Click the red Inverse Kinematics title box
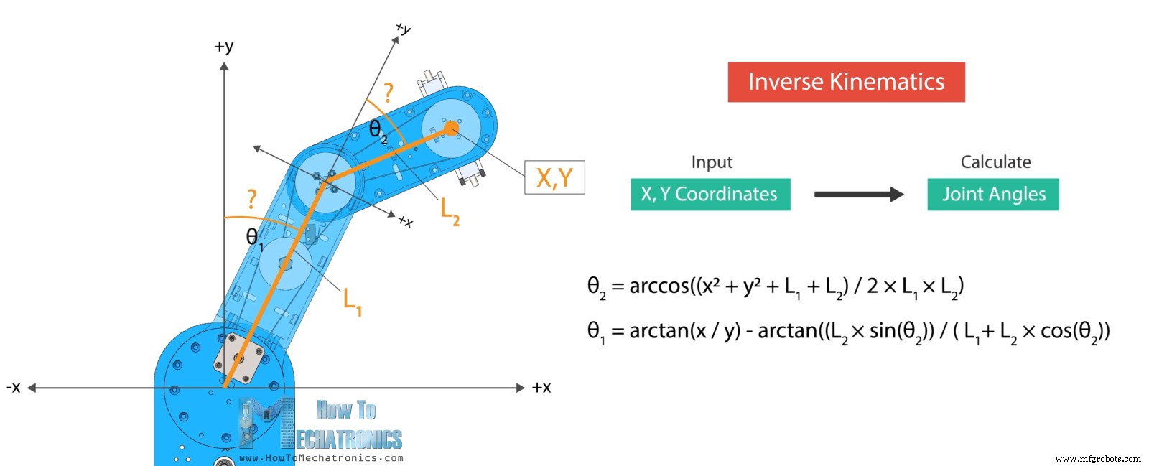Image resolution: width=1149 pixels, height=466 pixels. pos(847,82)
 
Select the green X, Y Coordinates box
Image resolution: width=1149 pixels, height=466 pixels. pos(710,195)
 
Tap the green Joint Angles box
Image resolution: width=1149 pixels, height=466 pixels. pos(993,195)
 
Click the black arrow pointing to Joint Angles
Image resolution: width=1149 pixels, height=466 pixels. pos(859,195)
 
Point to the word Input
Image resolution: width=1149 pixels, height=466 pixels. pos(712,162)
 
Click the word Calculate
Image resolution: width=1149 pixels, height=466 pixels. pos(995,162)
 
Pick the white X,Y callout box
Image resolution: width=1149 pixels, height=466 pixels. pos(554,177)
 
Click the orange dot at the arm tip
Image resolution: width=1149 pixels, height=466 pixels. pos(451,128)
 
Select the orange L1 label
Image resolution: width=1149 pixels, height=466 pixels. pos(353,302)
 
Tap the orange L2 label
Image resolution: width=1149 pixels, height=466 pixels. pos(450,212)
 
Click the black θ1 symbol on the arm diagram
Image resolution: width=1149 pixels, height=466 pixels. pos(255,238)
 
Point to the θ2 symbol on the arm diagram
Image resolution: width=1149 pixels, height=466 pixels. pos(378,131)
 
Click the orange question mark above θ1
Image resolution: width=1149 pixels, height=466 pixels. pos(251,199)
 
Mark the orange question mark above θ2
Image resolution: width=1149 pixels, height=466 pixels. pos(389,93)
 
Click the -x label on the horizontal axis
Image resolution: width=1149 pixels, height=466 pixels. pos(14,388)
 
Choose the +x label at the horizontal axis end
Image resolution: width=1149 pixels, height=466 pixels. pos(541,388)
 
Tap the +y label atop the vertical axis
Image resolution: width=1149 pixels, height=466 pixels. pos(223,47)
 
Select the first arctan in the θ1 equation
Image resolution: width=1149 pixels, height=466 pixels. pos(659,331)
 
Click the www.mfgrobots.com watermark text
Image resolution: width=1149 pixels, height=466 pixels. pos(1098,459)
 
